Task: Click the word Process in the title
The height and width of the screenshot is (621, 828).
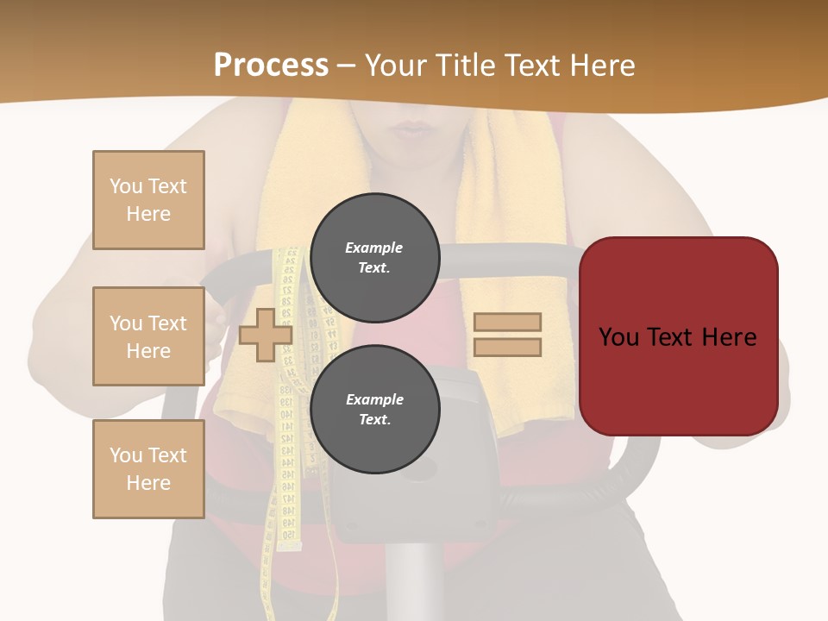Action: coord(271,66)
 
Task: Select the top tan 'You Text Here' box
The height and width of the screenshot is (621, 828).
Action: coord(148,200)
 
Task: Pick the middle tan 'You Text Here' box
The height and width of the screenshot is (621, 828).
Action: coord(148,336)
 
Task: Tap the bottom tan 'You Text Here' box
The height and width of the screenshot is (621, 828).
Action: coord(148,469)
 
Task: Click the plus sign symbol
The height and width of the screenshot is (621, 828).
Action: coord(266,335)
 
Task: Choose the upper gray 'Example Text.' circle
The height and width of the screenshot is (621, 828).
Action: coord(375,258)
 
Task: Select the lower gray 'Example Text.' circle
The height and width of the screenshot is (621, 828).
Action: coord(375,410)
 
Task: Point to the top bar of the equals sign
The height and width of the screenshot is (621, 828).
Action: coord(507,322)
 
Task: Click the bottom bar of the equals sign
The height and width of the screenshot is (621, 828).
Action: coord(507,348)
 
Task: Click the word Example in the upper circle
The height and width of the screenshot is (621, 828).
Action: coord(373,248)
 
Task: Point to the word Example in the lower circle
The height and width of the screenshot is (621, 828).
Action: coord(374,399)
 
